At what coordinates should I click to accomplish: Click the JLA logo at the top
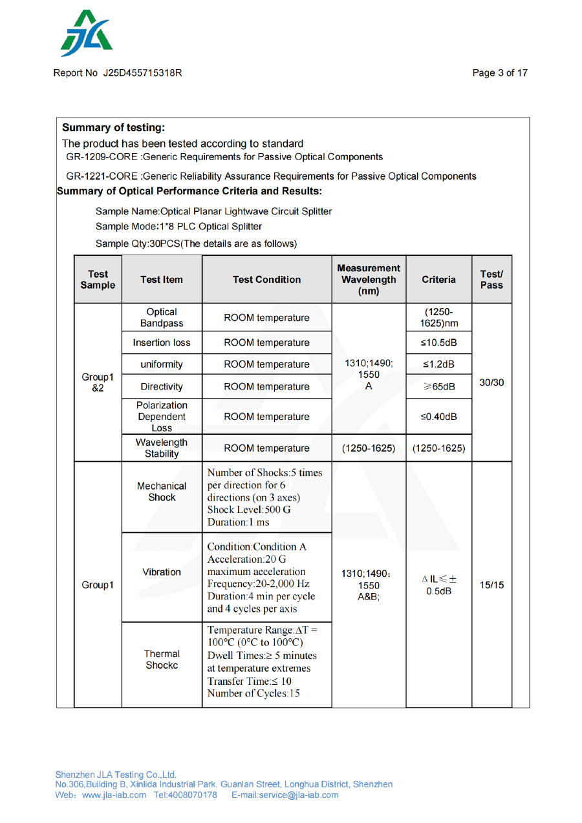(x=86, y=34)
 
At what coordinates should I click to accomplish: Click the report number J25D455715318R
(x=142, y=73)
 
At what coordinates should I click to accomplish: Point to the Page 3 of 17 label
(x=500, y=73)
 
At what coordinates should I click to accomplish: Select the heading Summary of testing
(x=113, y=128)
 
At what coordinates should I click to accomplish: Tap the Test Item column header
(x=162, y=280)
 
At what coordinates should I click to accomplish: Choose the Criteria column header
(x=438, y=280)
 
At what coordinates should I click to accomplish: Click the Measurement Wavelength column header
(x=369, y=279)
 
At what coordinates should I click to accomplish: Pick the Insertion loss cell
(x=162, y=342)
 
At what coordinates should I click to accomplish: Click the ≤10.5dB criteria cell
(x=438, y=342)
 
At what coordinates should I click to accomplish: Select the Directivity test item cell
(x=162, y=386)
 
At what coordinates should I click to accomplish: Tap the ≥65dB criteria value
(x=438, y=386)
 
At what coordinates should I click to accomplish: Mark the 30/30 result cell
(x=491, y=382)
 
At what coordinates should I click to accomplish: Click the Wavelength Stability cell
(x=162, y=448)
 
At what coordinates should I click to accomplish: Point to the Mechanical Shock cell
(x=162, y=492)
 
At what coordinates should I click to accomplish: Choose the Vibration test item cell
(x=162, y=572)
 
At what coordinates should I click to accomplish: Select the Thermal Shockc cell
(x=162, y=660)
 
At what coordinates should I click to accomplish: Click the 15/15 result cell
(x=491, y=585)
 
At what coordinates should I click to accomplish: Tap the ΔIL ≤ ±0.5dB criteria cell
(x=438, y=585)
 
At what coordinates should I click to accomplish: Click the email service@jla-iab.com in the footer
(x=285, y=795)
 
